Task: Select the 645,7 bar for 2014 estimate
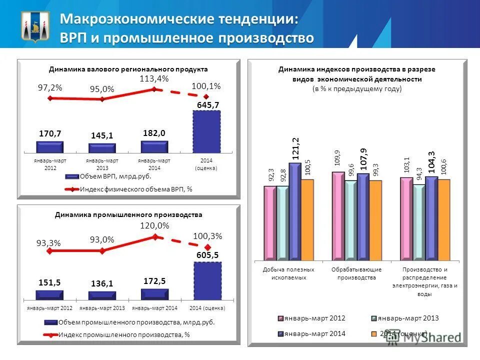(206, 131)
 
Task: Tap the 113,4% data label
(154, 78)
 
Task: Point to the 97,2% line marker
(49, 98)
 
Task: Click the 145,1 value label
(102, 135)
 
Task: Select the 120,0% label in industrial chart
(154, 225)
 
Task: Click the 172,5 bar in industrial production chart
(154, 294)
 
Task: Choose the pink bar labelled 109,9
(338, 215)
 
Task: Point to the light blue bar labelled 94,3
(419, 222)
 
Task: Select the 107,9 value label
(363, 157)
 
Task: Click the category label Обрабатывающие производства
(356, 273)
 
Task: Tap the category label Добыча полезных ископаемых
(288, 273)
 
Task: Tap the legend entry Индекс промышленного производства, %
(124, 334)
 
